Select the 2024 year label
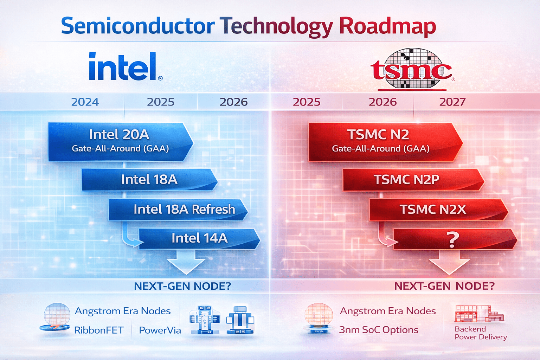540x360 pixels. click(85, 102)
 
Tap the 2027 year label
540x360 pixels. click(452, 102)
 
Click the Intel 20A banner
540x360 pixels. click(120, 141)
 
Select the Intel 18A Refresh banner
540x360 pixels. click(178, 210)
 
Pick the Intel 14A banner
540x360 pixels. click(199, 238)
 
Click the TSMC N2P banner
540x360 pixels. click(406, 180)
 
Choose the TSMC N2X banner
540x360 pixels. click(433, 210)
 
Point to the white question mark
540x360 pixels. click(453, 240)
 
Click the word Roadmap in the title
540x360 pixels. click(387, 26)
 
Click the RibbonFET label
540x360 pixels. click(99, 330)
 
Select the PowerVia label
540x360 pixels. click(160, 330)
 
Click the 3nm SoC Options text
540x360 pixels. click(379, 330)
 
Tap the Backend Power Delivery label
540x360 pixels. click(481, 333)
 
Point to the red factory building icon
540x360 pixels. click(479, 313)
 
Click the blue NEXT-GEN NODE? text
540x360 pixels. click(182, 286)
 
